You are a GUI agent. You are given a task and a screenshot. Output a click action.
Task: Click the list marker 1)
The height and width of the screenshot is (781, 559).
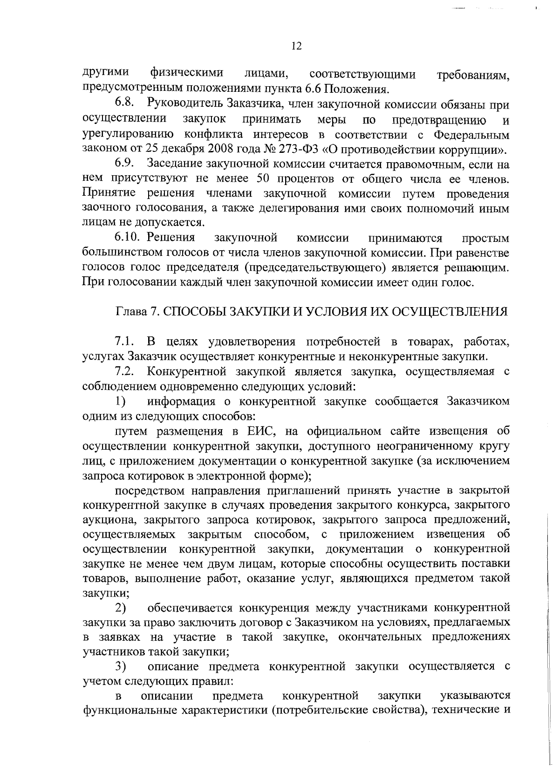click(x=121, y=401)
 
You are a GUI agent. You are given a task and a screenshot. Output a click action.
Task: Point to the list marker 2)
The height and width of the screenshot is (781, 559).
click(x=121, y=608)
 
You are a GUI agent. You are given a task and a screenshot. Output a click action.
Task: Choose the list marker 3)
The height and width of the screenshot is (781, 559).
click(x=121, y=666)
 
